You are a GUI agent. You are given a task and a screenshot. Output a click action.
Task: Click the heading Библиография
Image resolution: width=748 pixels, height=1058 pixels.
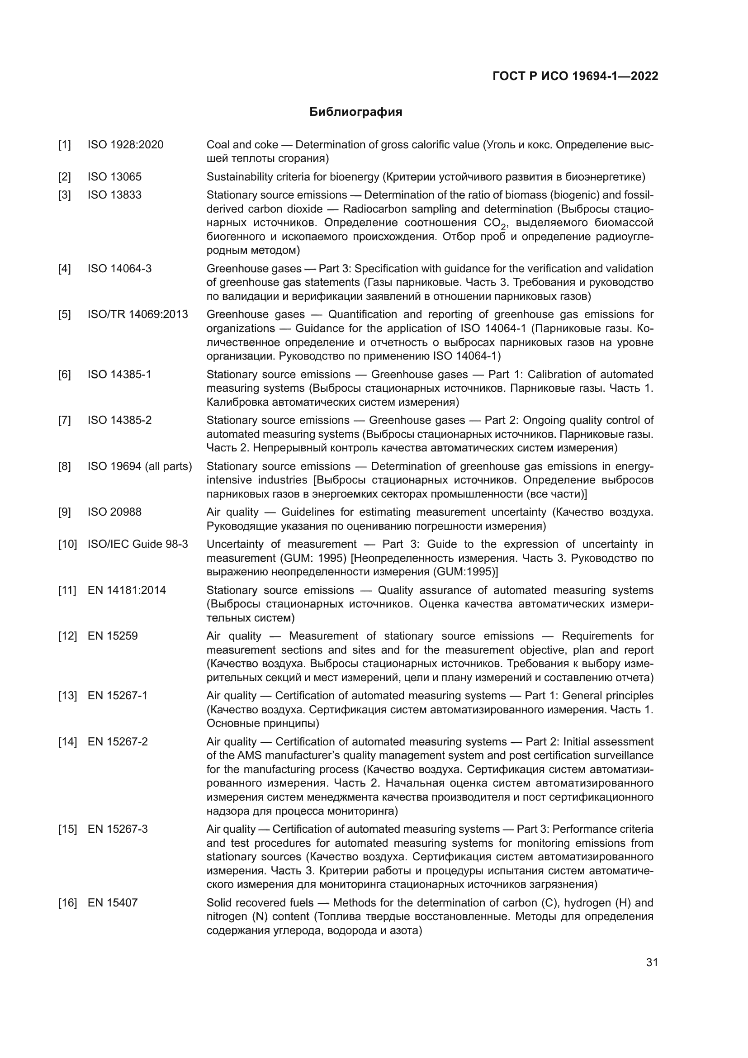[355, 112]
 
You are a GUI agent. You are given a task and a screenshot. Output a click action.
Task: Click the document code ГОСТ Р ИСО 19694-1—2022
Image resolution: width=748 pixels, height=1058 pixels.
[575, 76]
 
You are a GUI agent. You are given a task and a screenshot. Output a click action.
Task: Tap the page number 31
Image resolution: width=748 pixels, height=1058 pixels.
[652, 962]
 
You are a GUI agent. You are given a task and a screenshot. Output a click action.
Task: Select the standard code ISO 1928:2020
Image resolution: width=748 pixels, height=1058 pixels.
[125, 145]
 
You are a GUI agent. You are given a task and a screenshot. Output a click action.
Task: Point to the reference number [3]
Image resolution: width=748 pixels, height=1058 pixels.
[65, 195]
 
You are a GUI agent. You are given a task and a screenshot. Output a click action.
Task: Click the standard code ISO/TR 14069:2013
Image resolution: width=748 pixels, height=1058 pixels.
[138, 314]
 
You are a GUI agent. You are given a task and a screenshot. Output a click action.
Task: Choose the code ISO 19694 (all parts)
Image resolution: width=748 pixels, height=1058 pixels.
[140, 466]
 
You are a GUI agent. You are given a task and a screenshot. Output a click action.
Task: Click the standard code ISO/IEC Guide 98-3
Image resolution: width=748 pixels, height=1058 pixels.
[138, 544]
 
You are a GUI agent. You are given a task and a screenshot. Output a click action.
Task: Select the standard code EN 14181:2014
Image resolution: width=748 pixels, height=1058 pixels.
[127, 590]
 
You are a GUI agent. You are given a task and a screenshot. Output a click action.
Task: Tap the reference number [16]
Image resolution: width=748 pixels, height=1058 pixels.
[67, 903]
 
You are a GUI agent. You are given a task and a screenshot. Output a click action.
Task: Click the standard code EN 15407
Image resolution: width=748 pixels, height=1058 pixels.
[113, 903]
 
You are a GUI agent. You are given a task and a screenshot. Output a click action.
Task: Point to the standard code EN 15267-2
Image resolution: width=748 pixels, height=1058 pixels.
[118, 741]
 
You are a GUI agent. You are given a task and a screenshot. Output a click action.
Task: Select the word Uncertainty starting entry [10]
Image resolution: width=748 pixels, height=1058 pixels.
[234, 544]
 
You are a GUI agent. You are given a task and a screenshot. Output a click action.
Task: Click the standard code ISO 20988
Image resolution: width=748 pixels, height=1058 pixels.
[114, 512]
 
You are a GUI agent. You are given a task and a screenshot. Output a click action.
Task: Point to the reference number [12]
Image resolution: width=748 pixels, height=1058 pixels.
[67, 636]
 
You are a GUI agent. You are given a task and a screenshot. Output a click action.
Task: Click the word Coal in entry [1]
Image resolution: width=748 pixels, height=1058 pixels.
[218, 145]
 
